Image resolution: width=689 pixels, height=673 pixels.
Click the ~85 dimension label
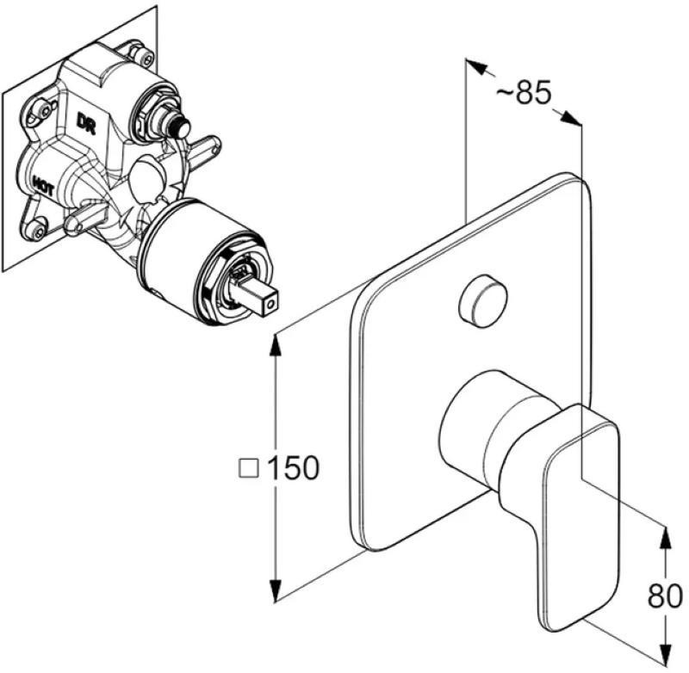coord(524,93)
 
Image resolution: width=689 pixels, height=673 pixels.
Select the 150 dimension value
coord(293,467)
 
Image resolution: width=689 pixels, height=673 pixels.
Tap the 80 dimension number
coord(665,596)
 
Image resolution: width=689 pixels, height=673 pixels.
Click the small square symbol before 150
coord(249,468)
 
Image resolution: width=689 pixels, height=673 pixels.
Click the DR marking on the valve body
coord(86,124)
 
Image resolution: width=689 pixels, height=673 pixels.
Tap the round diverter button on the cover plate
coord(482,300)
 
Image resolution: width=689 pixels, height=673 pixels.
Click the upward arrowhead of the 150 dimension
coord(276,345)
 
